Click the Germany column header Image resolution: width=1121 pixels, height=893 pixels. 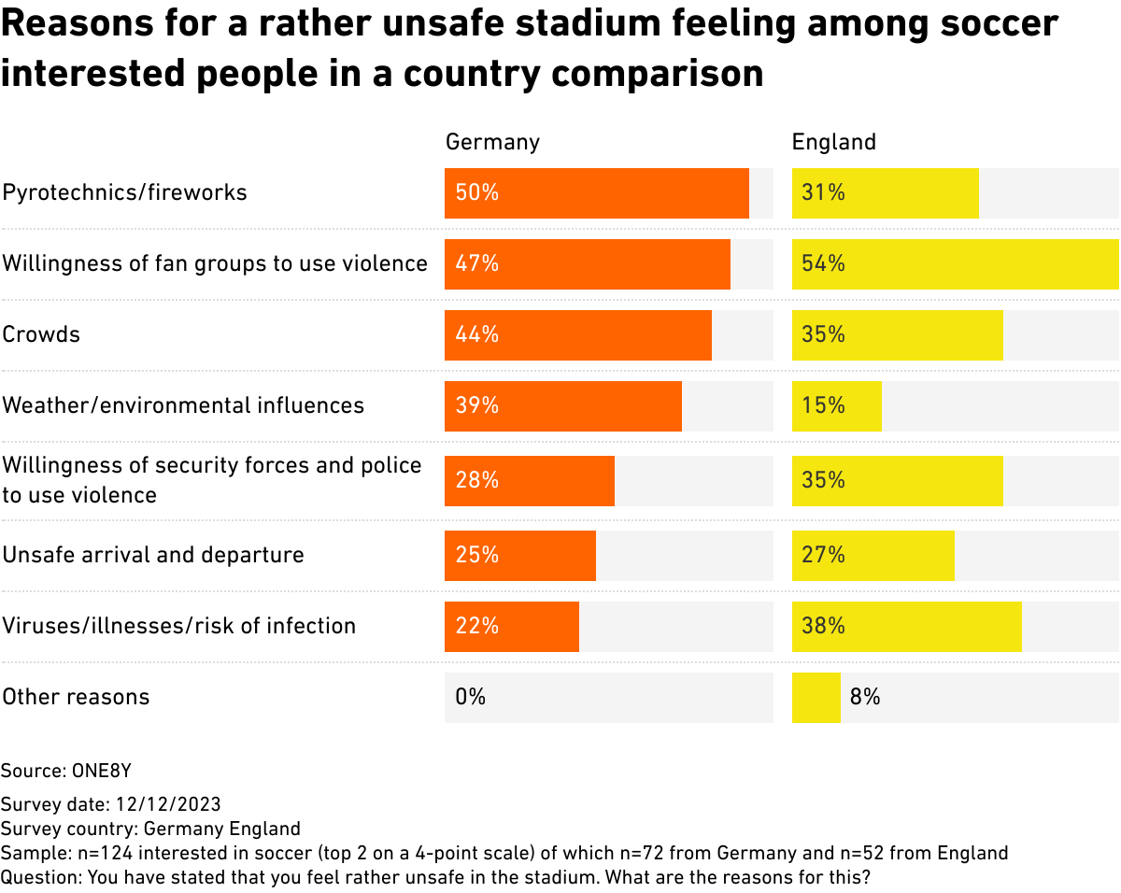coord(492,142)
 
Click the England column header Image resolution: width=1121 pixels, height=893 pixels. coord(833,142)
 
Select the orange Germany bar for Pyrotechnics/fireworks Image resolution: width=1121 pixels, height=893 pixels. coord(596,193)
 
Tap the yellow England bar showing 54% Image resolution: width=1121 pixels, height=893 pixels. coord(955,264)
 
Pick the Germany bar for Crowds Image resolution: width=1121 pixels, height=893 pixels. coord(577,335)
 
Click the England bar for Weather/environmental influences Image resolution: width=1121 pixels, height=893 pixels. coord(836,406)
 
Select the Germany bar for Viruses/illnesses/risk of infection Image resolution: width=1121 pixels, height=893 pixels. coord(511,627)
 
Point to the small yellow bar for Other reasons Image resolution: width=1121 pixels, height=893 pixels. coord(816,698)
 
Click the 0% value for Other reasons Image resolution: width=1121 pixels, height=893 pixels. coord(470,697)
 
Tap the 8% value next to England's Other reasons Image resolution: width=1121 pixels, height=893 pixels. coord(865,697)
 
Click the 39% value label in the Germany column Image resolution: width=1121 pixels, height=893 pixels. coord(476,406)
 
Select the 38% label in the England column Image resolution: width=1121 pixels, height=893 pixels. coord(823,627)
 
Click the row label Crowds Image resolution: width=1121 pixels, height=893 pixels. coord(41,334)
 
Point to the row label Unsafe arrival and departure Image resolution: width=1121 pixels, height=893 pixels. coord(153,555)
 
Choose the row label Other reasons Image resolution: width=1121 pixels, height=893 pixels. coord(76,697)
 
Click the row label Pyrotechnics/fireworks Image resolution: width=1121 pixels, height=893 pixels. coord(124,192)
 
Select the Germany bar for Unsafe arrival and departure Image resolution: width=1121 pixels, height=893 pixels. coord(519,556)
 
